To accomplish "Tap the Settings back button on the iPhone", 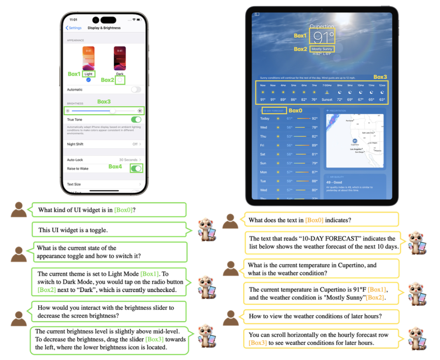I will pyautogui.click(x=74, y=28).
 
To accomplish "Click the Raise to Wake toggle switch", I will pyautogui.click(x=136, y=168).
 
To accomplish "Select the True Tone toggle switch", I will pyautogui.click(x=136, y=119).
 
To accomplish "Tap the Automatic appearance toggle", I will pyautogui.click(x=136, y=89).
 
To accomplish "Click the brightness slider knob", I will pyautogui.click(x=112, y=111).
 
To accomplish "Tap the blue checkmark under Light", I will pyautogui.click(x=89, y=80).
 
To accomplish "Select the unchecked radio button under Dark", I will pyautogui.click(x=120, y=80).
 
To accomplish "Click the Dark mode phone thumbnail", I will pyautogui.click(x=119, y=58).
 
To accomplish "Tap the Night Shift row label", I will pyautogui.click(x=75, y=144).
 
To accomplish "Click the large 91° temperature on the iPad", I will pyautogui.click(x=323, y=37).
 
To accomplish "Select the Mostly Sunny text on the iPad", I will pyautogui.click(x=322, y=49).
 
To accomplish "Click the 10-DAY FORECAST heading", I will pyautogui.click(x=274, y=111).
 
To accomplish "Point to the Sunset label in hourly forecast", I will pyautogui.click(x=327, y=100).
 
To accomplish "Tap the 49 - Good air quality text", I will pyautogui.click(x=335, y=182).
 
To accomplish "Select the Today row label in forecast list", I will pyautogui.click(x=265, y=119).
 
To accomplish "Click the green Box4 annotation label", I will pyautogui.click(x=115, y=167).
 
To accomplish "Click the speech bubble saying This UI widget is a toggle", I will pyautogui.click(x=109, y=230).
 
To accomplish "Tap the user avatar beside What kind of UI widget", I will pyautogui.click(x=19, y=210).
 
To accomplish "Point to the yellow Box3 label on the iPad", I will pyautogui.click(x=380, y=77).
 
